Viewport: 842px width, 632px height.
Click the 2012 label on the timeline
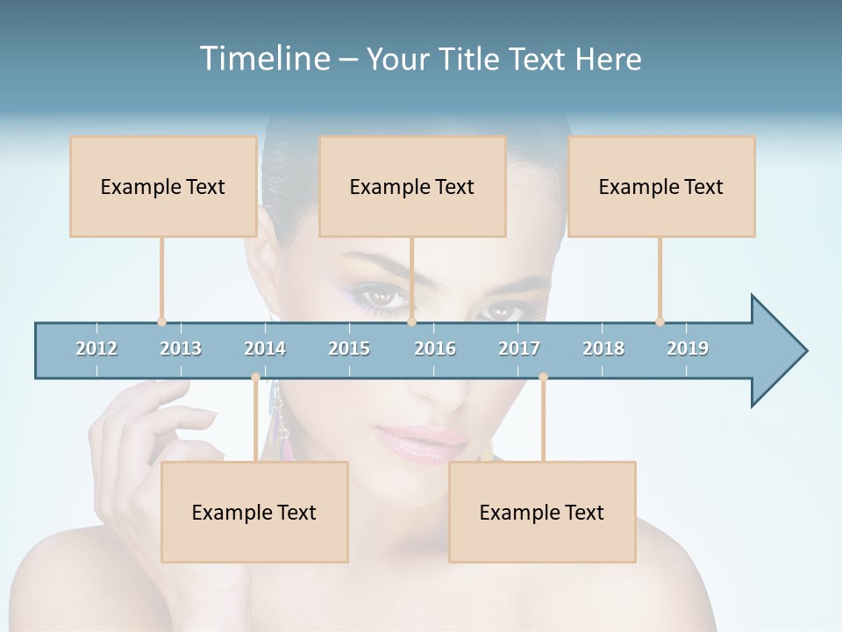pos(96,348)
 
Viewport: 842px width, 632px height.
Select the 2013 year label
pos(181,348)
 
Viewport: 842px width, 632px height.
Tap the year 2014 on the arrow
pos(265,348)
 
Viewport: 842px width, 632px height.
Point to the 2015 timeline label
pos(349,348)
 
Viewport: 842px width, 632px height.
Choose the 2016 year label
pos(435,348)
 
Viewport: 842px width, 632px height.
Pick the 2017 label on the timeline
pos(519,348)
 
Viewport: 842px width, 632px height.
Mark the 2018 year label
pos(603,348)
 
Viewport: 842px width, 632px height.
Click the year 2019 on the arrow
pos(688,348)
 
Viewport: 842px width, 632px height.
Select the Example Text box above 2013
pos(163,186)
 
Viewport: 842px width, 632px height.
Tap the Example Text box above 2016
pos(412,186)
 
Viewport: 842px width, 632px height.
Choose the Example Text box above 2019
pos(661,186)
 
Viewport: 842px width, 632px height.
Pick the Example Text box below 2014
pos(254,512)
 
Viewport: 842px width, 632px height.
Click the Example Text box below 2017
pos(542,512)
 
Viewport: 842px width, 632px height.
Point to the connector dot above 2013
pos(161,322)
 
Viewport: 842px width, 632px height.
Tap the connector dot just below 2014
pos(255,377)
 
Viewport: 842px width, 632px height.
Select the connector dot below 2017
pos(543,377)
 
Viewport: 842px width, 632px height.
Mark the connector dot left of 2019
pos(660,322)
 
